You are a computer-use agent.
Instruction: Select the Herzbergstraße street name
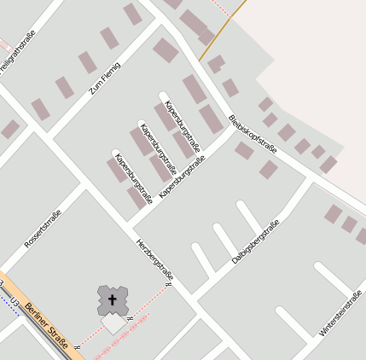[x=155, y=260]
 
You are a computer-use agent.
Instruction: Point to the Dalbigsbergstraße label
[x=256, y=241]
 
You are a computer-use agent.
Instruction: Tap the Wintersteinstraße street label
[x=340, y=311]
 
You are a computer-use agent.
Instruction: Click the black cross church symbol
[x=111, y=299]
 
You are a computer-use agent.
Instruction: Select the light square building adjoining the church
[x=113, y=323]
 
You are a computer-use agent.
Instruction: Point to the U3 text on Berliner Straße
[x=12, y=300]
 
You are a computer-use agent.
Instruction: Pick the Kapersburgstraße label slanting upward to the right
[x=183, y=175]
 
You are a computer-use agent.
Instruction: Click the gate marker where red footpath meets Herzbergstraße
[x=168, y=284]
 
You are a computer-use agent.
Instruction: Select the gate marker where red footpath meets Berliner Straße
[x=77, y=347]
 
